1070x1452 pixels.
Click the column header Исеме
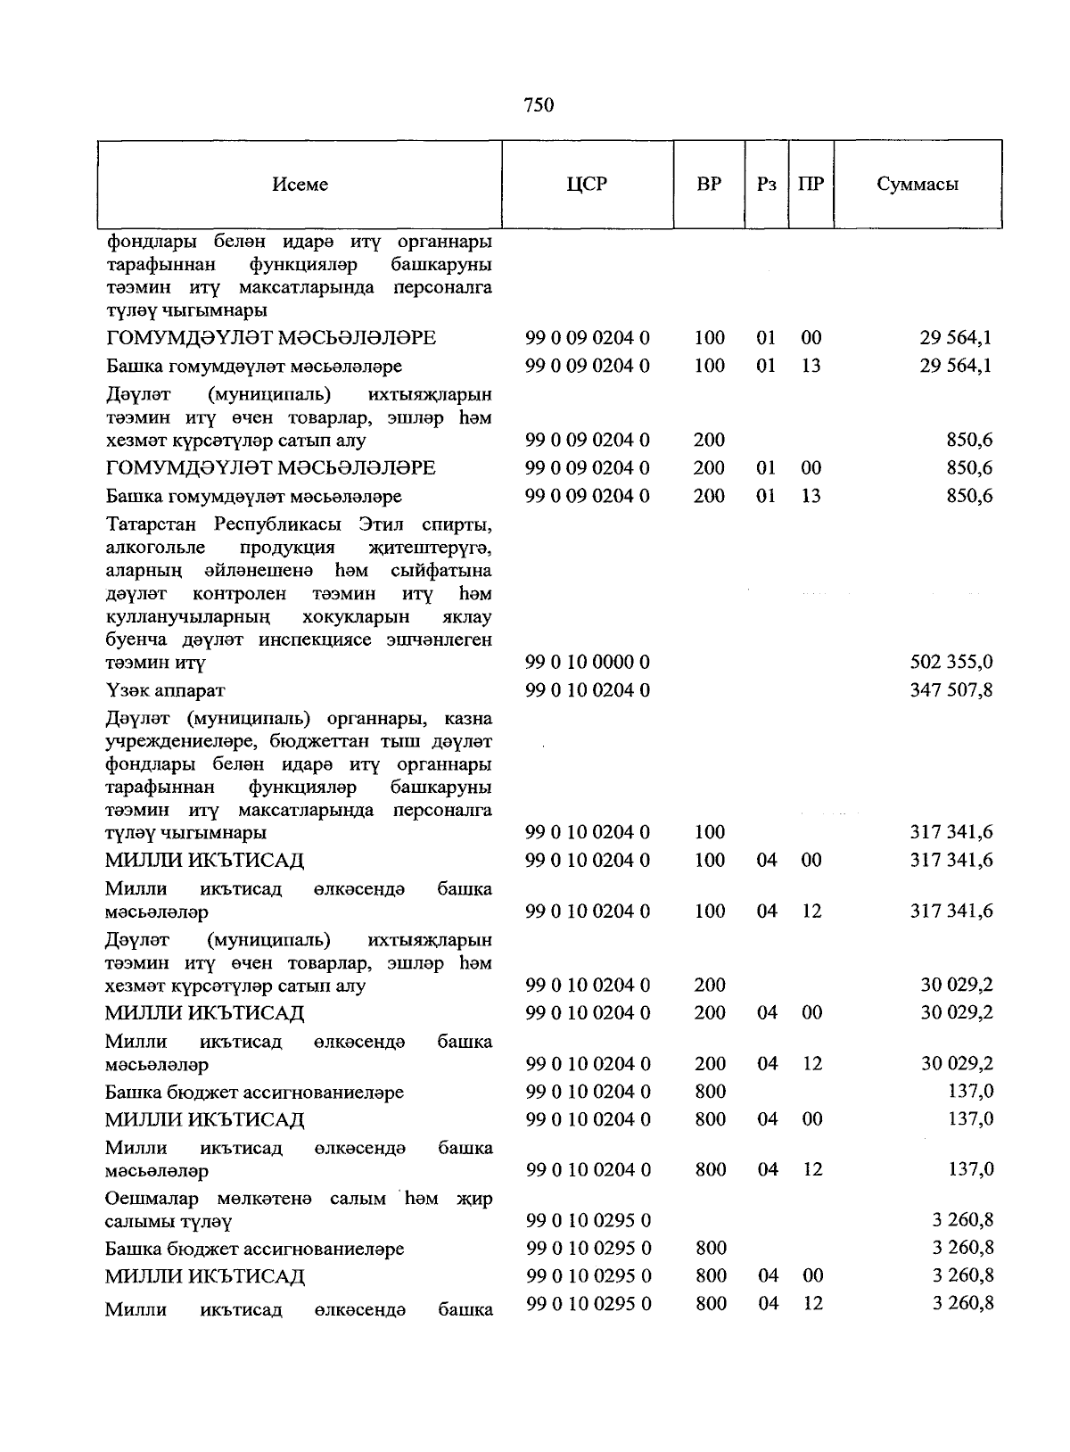coord(300,185)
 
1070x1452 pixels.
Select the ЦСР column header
coord(587,185)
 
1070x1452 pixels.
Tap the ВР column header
coord(708,185)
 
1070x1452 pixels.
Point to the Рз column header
coord(766,185)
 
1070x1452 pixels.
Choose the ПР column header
coord(811,185)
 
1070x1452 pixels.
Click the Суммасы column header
coord(918,185)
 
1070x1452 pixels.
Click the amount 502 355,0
coord(951,663)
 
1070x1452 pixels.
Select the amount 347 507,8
coord(951,690)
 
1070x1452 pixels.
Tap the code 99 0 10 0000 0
coord(588,663)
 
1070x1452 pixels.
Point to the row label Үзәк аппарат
coord(165,691)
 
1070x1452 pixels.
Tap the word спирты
coord(457,523)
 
